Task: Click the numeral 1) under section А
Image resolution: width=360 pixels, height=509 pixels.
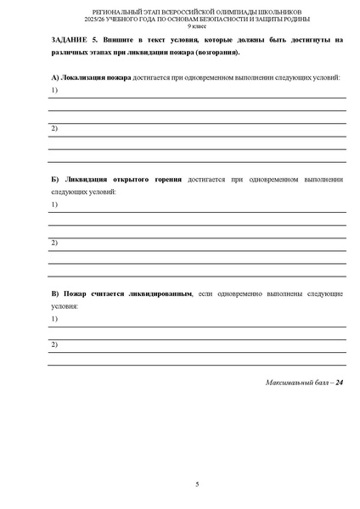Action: (53, 90)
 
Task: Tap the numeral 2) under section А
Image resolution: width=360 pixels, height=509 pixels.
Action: (53, 128)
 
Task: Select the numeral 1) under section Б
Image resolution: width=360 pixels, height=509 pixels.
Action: (53, 204)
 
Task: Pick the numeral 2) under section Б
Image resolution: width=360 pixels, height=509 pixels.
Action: (53, 243)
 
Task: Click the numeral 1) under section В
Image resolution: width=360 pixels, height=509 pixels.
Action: (53, 318)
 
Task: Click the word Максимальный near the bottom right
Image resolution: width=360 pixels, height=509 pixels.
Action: (286, 383)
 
